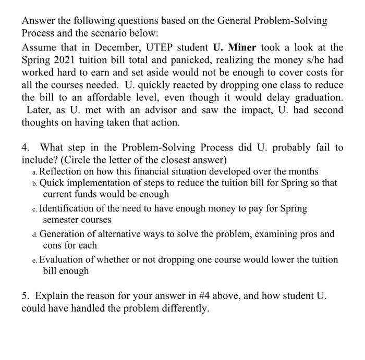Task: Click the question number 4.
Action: (26, 147)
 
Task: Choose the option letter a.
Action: (34, 172)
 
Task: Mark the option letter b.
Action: (34, 184)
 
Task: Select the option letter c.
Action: (34, 209)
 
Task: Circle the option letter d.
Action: (34, 234)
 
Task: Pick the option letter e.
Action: (34, 260)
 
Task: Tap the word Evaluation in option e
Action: (64, 259)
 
